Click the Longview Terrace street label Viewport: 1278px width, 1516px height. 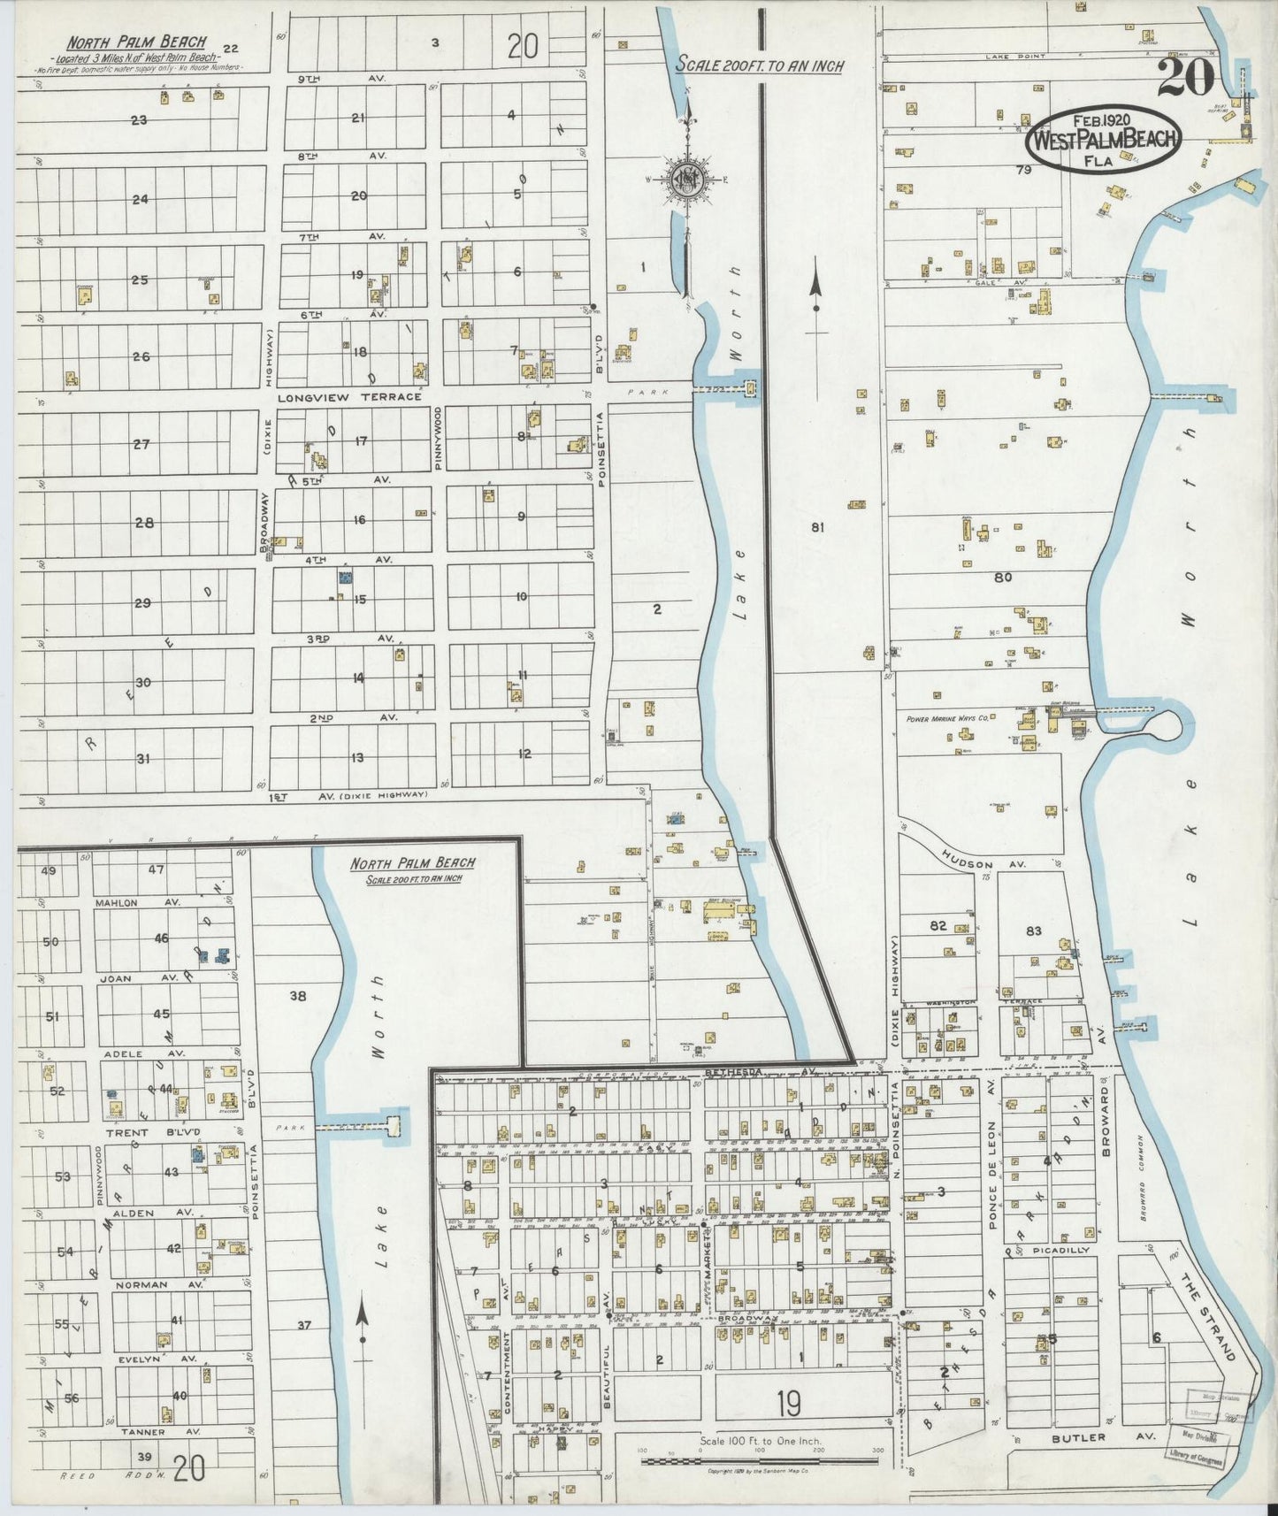[349, 397]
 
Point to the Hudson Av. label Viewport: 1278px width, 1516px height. [967, 863]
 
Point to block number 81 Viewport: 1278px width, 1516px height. [817, 527]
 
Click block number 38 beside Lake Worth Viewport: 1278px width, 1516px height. [298, 996]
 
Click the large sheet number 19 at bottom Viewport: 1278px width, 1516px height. [790, 1403]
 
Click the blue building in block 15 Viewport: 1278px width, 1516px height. [346, 578]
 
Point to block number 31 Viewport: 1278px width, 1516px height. [143, 759]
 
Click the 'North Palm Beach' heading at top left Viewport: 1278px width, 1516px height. [137, 42]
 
